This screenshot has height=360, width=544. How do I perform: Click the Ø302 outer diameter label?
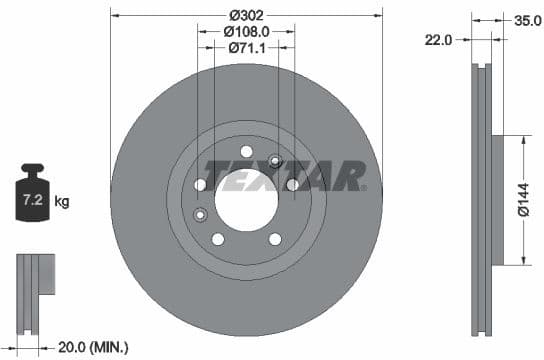[246, 15]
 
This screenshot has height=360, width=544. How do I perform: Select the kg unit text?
[62, 202]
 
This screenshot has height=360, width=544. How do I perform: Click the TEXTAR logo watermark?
[285, 176]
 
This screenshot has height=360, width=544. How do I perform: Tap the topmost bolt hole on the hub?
[246, 151]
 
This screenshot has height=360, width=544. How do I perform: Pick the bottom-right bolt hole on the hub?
[274, 238]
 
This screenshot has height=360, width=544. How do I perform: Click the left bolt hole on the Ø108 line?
[200, 185]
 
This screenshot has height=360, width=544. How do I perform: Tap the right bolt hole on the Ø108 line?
[292, 185]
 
